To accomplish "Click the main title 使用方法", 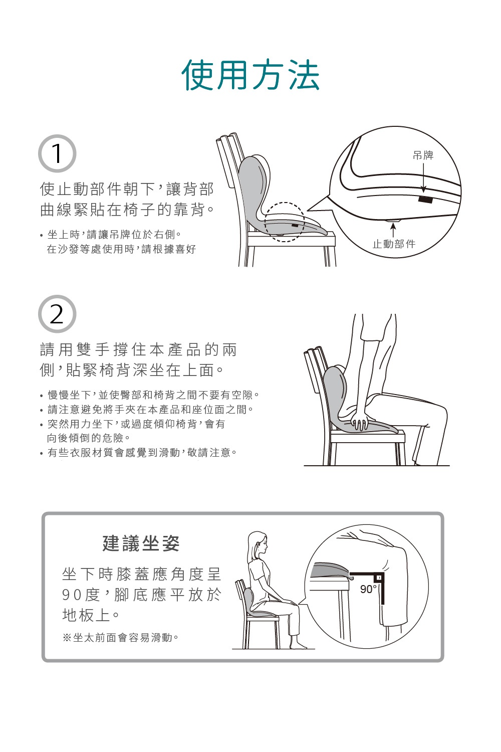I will coord(250,75).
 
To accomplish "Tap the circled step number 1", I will coord(57,153).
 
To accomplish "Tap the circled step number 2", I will coord(57,314).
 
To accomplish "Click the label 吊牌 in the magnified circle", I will coord(423,155).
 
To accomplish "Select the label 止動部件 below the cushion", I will coord(394,244).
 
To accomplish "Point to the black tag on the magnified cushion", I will coord(425,200).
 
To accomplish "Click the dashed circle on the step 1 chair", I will coord(284,222).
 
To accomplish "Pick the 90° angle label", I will coord(368,589).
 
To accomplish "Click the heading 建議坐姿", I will coord(141,543).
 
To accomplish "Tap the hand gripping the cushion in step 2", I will coord(360,420).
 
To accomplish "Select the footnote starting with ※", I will coord(120,638).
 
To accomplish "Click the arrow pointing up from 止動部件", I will coord(393,230).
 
